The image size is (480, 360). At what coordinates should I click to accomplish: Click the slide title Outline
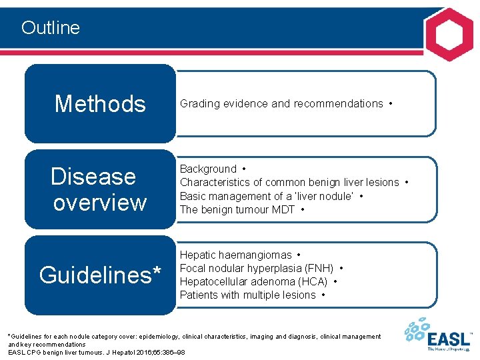tap(50, 27)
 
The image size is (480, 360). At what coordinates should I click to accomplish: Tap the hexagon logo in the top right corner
tap(449, 35)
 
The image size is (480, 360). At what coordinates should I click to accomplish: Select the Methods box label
tap(100, 104)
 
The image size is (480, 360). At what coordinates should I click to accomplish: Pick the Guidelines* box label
tap(100, 275)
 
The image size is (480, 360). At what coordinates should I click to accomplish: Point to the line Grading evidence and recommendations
tap(281, 104)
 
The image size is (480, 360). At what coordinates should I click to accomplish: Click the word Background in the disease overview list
tap(208, 169)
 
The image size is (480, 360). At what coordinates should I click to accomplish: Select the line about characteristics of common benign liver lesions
tap(289, 182)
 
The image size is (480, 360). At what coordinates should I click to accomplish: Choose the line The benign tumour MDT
tap(237, 209)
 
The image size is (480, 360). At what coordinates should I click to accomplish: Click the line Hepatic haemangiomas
tap(235, 255)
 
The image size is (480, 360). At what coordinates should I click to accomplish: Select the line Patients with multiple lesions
tap(247, 295)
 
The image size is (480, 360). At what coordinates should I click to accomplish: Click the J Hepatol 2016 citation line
tap(97, 351)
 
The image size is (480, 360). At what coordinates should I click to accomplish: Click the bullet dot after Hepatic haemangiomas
tap(299, 255)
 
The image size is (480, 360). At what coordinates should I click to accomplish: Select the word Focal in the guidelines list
tap(193, 268)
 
